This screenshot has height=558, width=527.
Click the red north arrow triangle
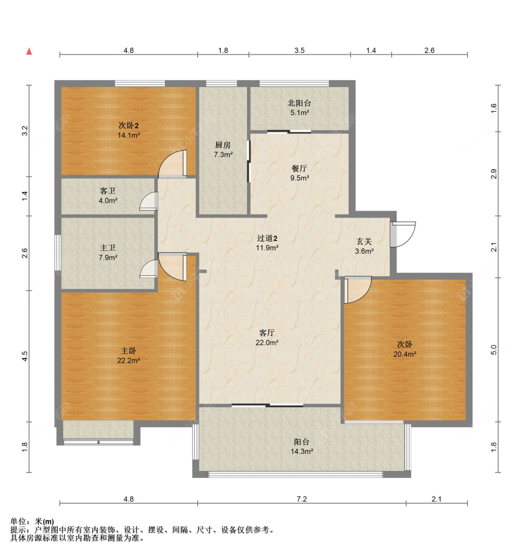(x=29, y=51)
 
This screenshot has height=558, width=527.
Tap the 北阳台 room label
(x=299, y=103)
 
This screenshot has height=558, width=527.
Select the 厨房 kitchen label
(x=223, y=145)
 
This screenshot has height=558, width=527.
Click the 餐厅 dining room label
(x=299, y=169)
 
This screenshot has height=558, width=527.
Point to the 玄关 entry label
(x=364, y=242)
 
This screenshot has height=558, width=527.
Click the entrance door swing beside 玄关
(x=403, y=234)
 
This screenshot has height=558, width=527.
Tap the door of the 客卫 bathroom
(x=149, y=201)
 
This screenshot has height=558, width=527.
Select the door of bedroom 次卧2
(x=173, y=164)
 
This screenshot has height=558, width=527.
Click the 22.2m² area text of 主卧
(x=128, y=360)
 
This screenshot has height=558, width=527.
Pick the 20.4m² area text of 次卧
(x=405, y=354)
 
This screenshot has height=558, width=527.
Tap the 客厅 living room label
(x=267, y=333)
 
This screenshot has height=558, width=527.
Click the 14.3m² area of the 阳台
(x=302, y=452)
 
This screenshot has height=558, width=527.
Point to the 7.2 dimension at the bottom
(x=302, y=499)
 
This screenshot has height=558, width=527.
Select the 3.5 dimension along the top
(x=299, y=51)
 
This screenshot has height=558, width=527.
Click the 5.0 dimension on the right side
(x=494, y=350)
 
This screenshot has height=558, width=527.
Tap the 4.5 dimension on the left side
(x=24, y=356)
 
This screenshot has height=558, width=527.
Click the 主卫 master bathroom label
(x=108, y=248)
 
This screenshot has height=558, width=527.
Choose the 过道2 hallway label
(x=267, y=238)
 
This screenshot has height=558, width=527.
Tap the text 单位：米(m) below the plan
(x=32, y=521)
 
